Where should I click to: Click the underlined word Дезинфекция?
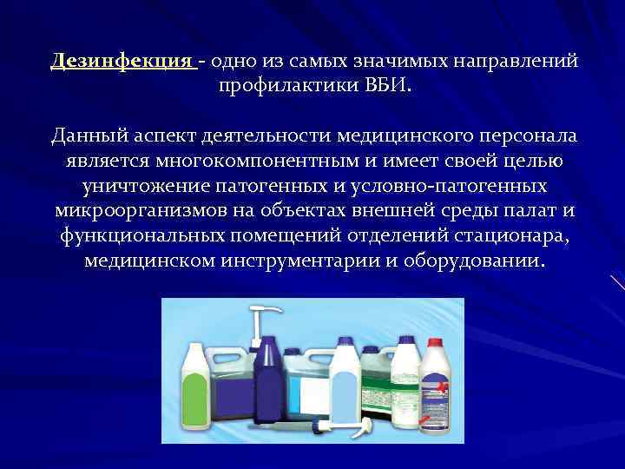click(x=122, y=62)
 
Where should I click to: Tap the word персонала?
click(x=530, y=136)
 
